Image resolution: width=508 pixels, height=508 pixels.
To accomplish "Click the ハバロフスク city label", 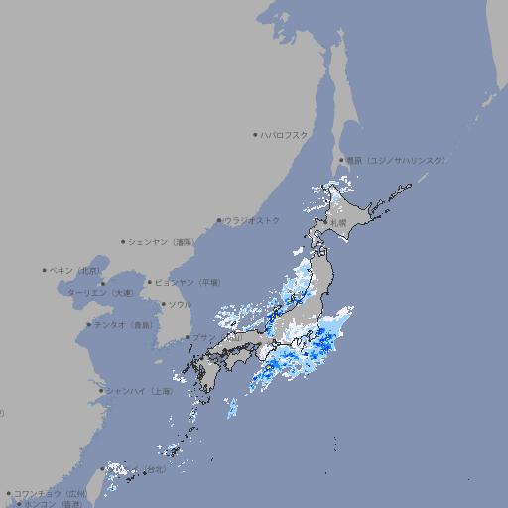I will tap(285, 134).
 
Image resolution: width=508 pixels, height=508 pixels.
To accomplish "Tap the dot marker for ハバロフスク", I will tap(255, 134).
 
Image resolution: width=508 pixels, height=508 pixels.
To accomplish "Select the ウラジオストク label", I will tap(252, 220).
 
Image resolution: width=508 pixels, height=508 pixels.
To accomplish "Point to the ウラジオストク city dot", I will tap(219, 220).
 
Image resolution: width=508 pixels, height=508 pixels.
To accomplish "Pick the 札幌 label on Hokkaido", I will tap(339, 222).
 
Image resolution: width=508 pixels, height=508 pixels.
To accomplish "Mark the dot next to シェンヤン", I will tap(123, 241).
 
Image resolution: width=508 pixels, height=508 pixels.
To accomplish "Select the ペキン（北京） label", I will tap(76, 270).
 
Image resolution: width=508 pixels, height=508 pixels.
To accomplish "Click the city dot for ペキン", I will tap(45, 270).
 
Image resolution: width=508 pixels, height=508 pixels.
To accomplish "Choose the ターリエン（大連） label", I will tap(99, 293).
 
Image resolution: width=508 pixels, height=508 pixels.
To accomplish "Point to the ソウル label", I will tap(179, 304).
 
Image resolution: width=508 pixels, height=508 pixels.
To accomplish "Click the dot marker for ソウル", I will tap(163, 304).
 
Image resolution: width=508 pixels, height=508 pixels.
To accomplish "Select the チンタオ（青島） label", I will tap(124, 325).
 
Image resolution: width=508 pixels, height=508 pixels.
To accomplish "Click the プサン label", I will tap(204, 338).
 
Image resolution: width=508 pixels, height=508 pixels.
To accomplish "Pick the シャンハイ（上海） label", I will tap(139, 391).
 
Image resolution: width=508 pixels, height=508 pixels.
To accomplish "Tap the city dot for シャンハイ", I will tap(101, 391).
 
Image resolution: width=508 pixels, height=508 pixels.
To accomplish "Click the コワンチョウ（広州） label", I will tap(51, 493).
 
